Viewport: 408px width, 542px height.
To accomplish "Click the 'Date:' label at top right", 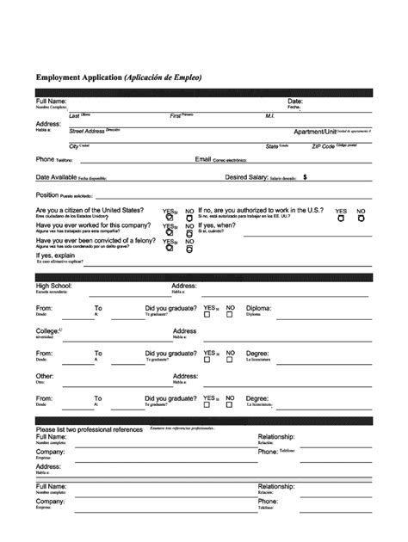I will [294, 102].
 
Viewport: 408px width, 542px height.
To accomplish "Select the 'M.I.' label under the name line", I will [269, 115].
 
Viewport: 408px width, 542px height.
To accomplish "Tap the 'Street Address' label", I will [87, 131].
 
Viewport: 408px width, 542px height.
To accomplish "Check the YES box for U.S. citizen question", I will [169, 219].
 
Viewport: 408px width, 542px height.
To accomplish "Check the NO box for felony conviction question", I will [189, 250].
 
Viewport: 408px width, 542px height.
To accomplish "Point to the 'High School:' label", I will [53, 285].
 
